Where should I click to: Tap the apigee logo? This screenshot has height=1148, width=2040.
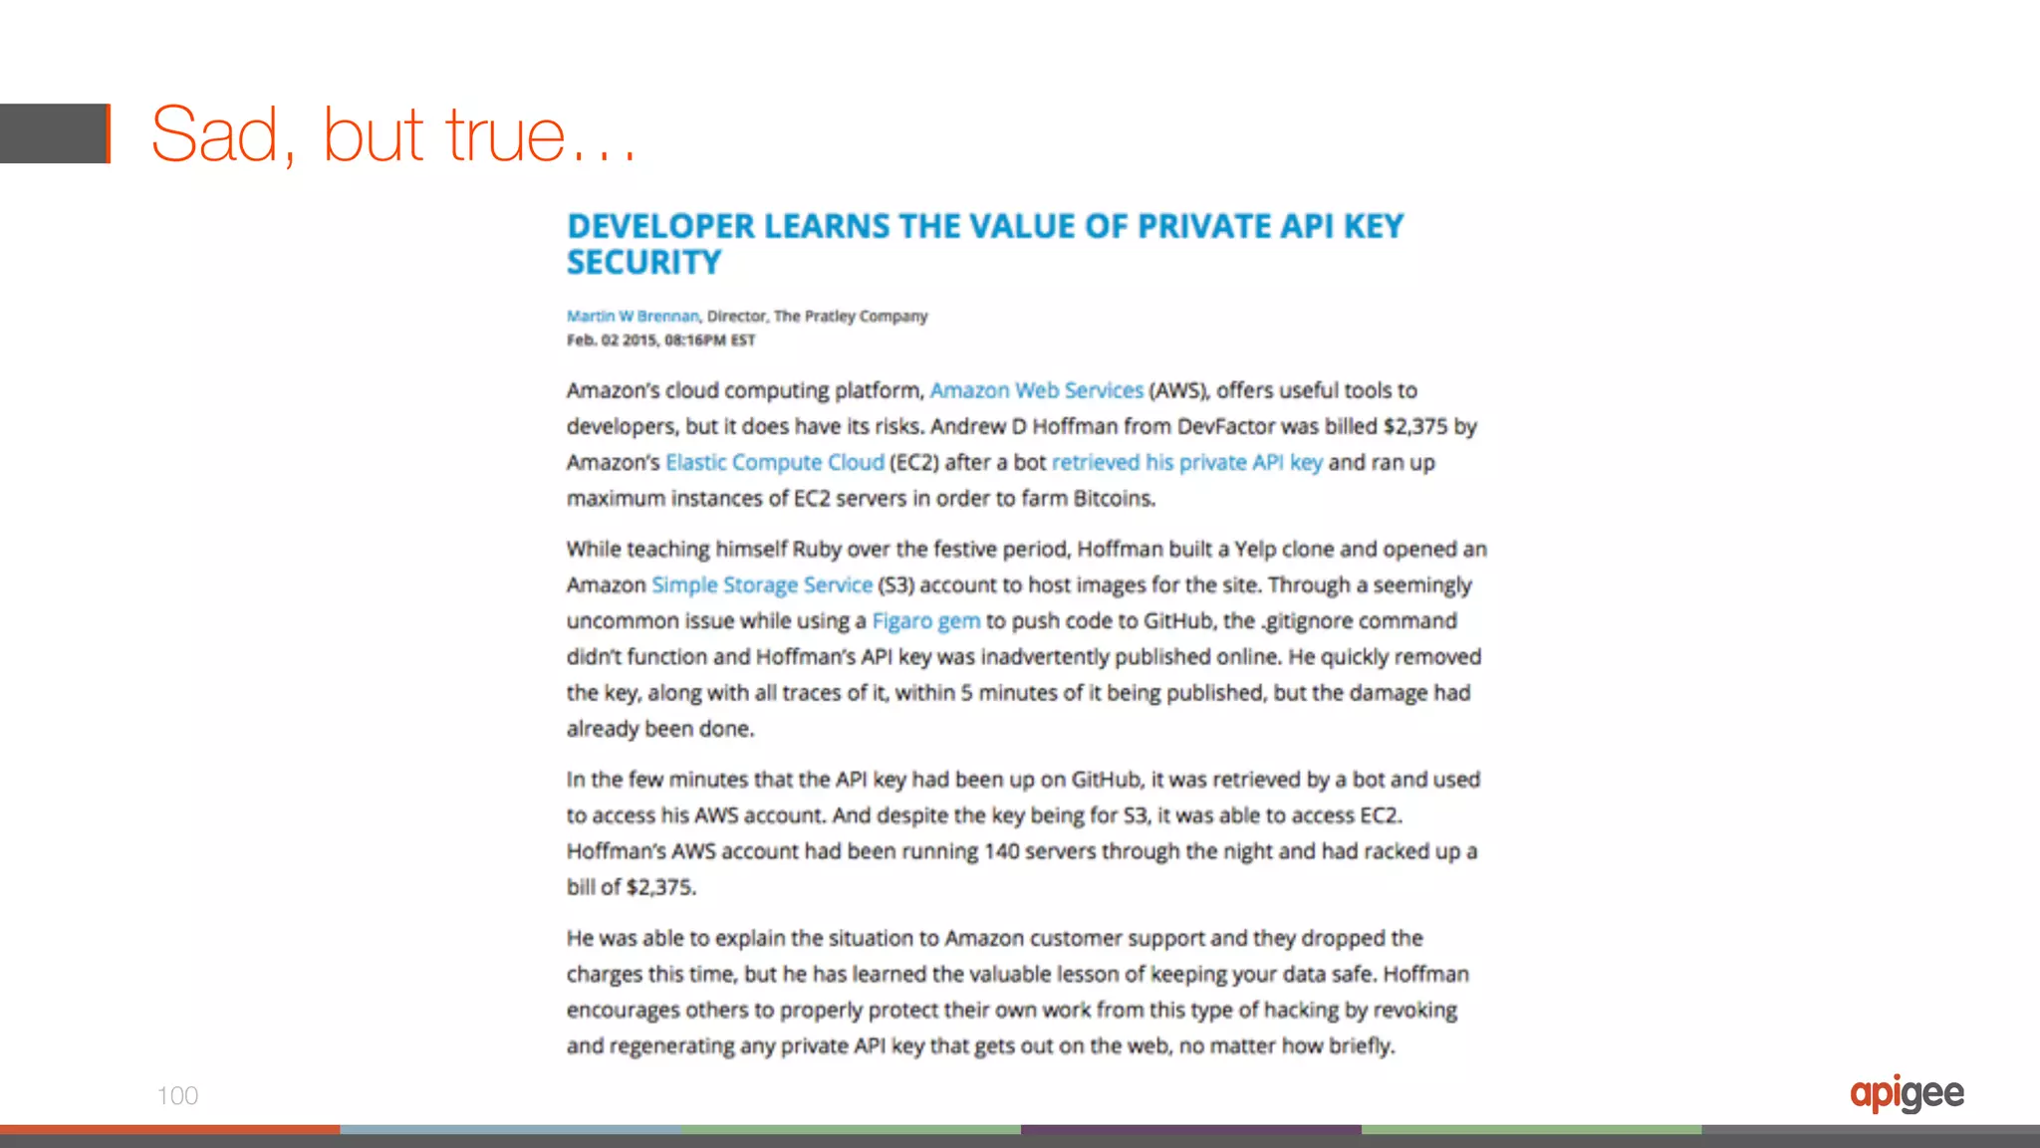1907,1094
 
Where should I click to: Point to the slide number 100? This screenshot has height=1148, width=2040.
177,1096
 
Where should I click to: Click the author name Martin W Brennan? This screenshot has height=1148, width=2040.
633,317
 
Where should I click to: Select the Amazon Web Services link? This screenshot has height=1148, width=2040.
1036,390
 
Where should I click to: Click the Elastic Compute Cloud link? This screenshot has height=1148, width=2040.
774,462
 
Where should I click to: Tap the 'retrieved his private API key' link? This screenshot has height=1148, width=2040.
1186,462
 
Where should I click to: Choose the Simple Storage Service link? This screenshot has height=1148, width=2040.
762,584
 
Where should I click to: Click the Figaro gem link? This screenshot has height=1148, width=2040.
925,620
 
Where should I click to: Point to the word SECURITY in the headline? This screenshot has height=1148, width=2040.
643,263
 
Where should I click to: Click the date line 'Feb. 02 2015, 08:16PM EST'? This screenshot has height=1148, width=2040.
660,341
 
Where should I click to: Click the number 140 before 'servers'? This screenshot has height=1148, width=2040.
1001,851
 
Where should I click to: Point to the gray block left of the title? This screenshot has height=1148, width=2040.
54,133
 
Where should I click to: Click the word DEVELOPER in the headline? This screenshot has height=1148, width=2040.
660,227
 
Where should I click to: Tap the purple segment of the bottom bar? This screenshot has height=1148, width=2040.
1190,1130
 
